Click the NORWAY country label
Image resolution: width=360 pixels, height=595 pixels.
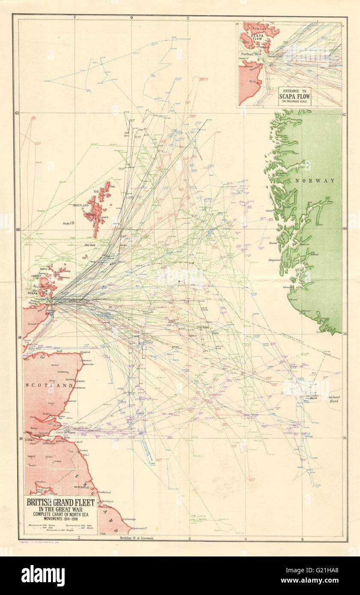pos(315,181)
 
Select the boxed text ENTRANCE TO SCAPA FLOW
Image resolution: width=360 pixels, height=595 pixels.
pos(295,96)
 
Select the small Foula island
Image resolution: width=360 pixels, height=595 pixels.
pos(72,223)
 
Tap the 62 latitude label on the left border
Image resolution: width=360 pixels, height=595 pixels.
pos(17,113)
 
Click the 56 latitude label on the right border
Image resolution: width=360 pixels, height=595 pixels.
pos(344,437)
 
